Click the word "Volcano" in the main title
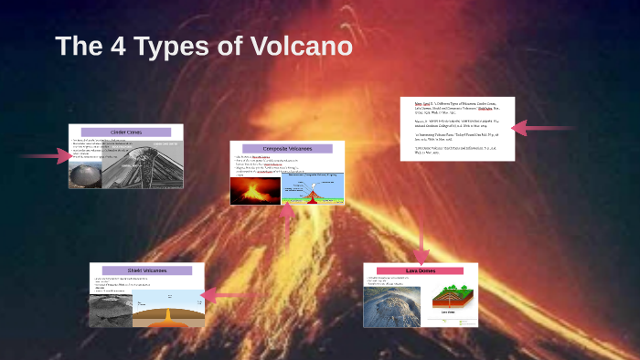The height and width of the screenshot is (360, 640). click(302, 47)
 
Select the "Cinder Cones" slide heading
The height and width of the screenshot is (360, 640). click(125, 132)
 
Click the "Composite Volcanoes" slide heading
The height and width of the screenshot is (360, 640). click(286, 148)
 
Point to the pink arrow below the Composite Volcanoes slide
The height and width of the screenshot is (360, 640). click(287, 228)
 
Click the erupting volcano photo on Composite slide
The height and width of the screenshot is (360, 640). click(255, 190)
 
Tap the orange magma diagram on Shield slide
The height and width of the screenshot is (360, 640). click(167, 310)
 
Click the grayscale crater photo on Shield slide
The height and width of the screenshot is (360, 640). click(110, 310)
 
